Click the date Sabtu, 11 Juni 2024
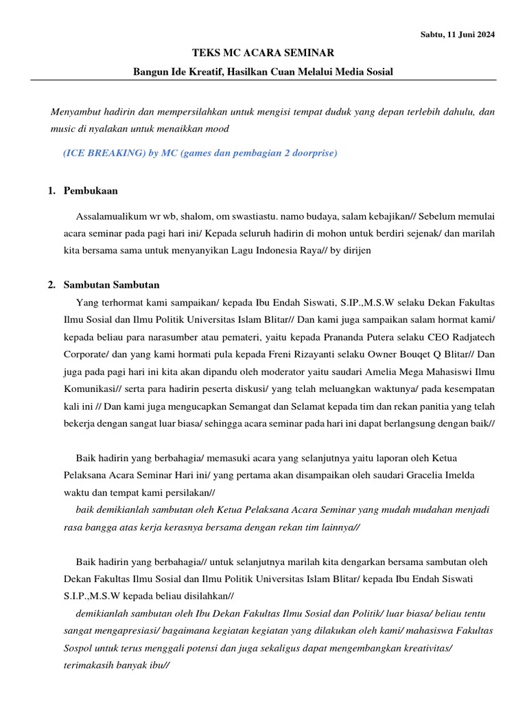point(458,34)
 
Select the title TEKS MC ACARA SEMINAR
point(263,53)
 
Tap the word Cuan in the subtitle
point(278,72)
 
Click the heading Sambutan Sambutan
point(112,285)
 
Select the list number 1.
point(51,190)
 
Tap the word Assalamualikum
point(113,216)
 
